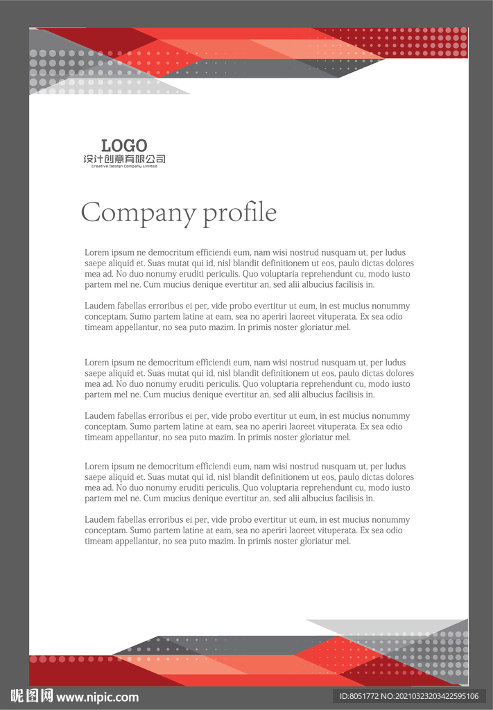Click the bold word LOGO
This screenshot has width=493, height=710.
pos(124,146)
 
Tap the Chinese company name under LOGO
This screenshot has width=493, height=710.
pos(124,159)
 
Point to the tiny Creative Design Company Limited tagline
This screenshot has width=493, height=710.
pos(124,166)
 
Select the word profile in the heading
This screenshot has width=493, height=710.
pos(240,213)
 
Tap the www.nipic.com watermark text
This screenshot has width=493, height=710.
pos(97,698)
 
